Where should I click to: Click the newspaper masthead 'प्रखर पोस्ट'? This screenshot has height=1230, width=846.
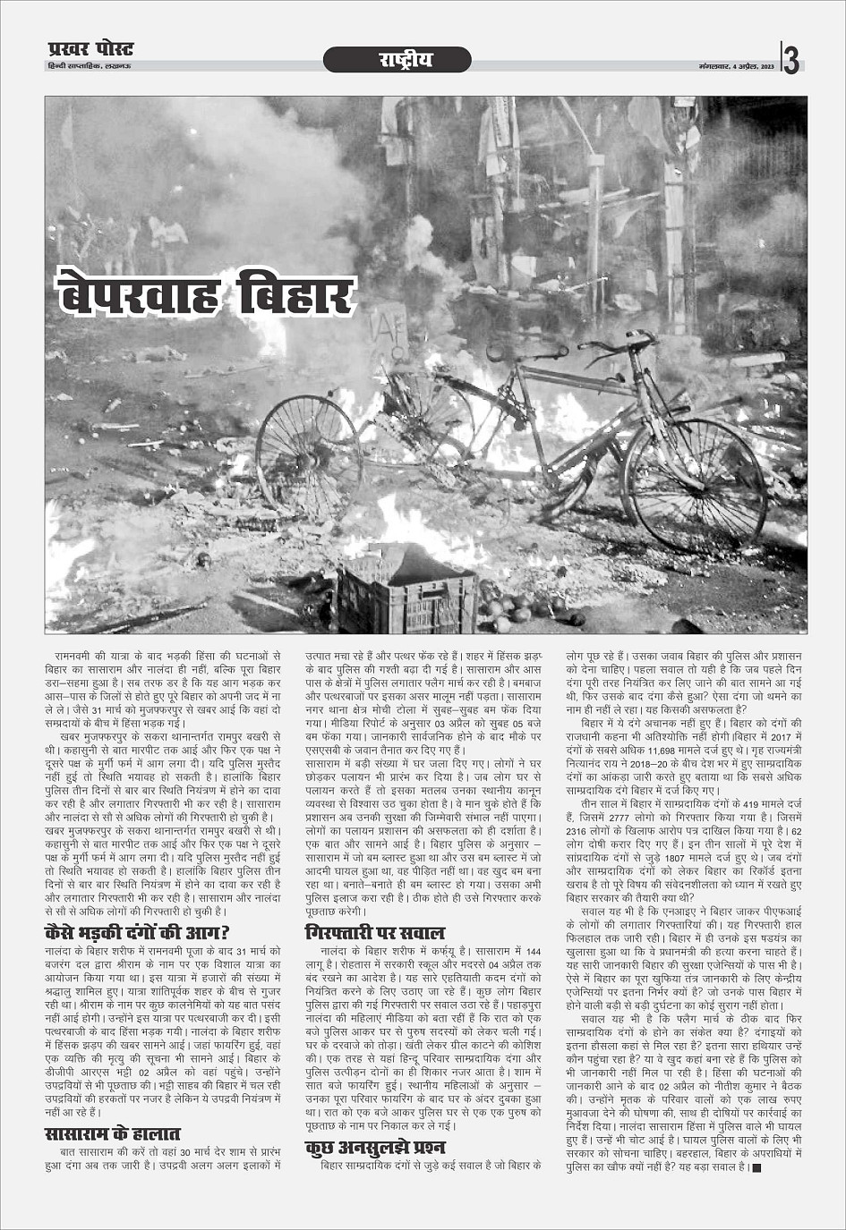(x=90, y=49)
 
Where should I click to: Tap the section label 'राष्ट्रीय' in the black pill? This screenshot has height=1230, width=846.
(x=397, y=60)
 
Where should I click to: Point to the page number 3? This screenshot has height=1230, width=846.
(x=791, y=61)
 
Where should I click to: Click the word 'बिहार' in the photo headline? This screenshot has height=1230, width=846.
(x=297, y=293)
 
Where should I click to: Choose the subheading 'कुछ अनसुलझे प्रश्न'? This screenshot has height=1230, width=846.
(x=375, y=1147)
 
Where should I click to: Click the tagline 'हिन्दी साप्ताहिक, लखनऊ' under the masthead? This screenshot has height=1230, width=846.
(x=90, y=67)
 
